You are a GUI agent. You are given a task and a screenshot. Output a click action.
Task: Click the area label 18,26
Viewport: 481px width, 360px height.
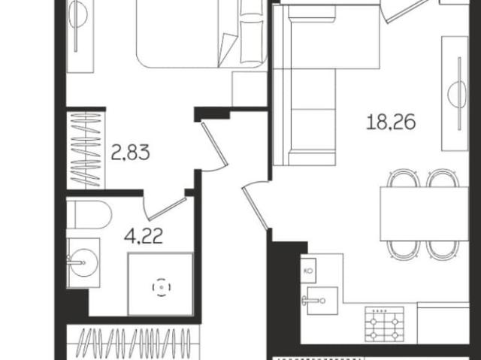[391, 121]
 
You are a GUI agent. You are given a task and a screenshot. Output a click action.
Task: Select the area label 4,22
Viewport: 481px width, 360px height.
[144, 240]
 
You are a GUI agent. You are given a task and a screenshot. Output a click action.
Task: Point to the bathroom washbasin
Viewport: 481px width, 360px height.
[82, 262]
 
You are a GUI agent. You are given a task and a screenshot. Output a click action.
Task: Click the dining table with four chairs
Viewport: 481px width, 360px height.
[413, 213]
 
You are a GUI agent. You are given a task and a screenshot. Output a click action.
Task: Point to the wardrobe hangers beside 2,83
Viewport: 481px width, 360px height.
[86, 150]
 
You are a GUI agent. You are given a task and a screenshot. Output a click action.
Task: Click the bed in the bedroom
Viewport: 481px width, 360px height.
[201, 34]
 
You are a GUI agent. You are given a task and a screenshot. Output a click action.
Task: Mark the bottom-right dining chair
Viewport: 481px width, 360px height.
[441, 249]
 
